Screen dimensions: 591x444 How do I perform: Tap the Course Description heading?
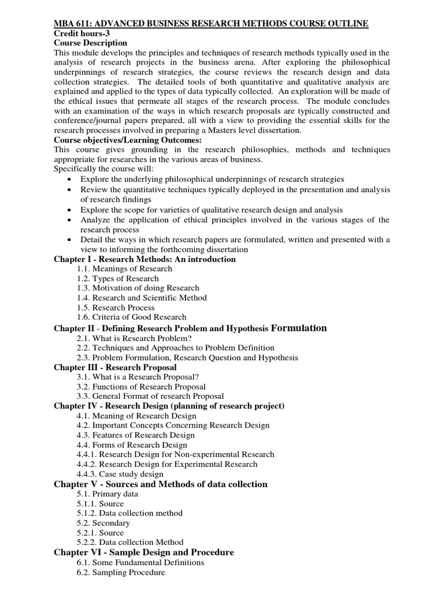(x=90, y=43)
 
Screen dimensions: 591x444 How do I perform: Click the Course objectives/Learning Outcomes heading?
(x=127, y=140)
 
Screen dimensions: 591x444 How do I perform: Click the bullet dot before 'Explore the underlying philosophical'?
(x=69, y=179)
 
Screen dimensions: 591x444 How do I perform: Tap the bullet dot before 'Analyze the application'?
(x=69, y=220)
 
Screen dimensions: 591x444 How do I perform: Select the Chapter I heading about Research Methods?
(x=145, y=259)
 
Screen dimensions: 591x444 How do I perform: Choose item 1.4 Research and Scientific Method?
(x=142, y=298)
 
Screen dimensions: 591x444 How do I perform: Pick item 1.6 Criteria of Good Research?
(x=131, y=317)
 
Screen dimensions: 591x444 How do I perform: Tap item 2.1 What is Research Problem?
(x=134, y=338)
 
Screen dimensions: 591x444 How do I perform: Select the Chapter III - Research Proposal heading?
(x=115, y=367)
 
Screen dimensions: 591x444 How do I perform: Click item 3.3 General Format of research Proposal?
(x=150, y=396)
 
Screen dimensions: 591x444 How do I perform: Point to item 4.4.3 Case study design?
(x=120, y=474)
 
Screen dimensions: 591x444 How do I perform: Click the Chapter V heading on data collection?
(x=160, y=484)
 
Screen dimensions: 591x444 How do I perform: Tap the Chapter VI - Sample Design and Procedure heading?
(x=143, y=552)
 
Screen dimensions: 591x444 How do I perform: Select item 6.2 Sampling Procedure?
(x=121, y=572)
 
